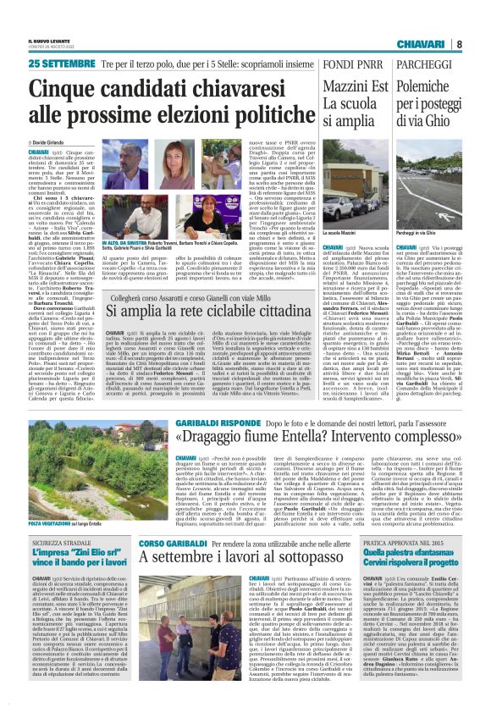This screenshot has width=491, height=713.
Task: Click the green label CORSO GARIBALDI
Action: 165,541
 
